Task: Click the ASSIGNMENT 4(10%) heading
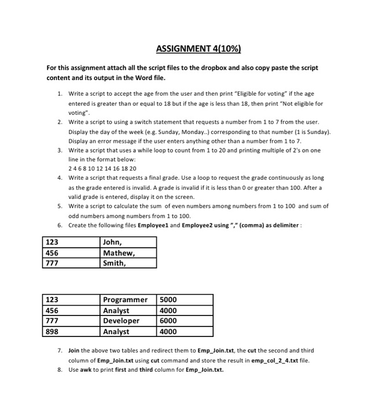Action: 189,48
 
